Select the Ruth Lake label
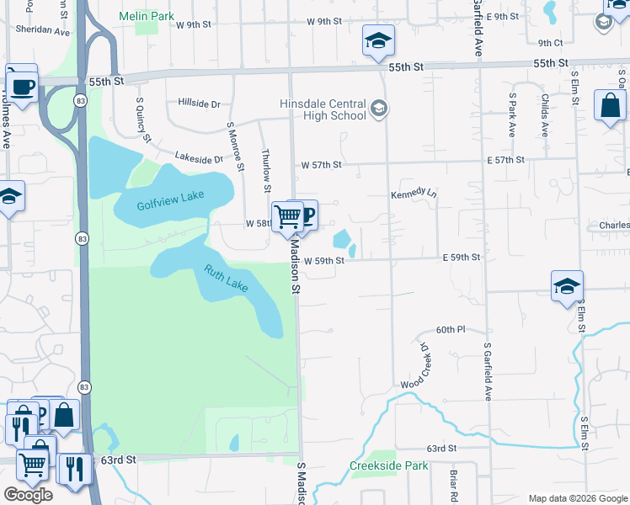coord(226,279)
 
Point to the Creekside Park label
coord(389,465)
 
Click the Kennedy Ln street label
coord(414,194)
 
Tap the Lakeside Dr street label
coord(199,157)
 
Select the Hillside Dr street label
coord(199,104)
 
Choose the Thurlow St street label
coord(266,163)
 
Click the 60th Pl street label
coord(451,329)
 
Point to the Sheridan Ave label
coord(40,29)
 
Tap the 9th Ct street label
coord(550,42)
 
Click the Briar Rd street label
coord(453,481)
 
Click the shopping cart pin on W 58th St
coord(287,217)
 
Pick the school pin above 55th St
coord(379,40)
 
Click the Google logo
coord(28,494)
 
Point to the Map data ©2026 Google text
coord(577,498)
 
